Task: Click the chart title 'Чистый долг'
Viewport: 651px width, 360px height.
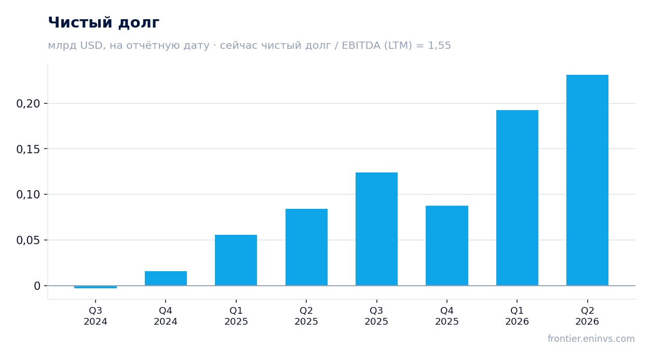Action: [103, 23]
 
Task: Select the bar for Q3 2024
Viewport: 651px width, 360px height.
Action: [96, 287]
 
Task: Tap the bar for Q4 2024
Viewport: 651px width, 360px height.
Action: [166, 278]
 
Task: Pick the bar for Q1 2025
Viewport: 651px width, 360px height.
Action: [236, 260]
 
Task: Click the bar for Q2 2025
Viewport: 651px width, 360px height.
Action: [306, 247]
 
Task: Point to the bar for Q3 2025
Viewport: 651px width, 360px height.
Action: [377, 229]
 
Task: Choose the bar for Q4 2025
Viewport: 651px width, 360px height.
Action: [447, 245]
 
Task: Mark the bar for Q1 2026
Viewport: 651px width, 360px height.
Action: [517, 198]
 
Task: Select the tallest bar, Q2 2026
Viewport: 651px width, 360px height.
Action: [587, 180]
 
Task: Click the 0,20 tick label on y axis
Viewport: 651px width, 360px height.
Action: [28, 103]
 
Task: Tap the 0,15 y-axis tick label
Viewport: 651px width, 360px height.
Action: [28, 149]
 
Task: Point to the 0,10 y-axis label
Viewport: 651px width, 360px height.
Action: [28, 194]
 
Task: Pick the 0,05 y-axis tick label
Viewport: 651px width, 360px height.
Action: [28, 240]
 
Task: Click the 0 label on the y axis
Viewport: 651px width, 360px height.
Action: [37, 286]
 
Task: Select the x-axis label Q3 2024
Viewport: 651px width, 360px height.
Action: [96, 316]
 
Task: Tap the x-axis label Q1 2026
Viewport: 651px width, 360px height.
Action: [517, 316]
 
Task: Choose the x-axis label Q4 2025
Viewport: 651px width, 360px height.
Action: [446, 316]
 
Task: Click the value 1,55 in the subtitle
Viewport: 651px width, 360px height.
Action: [439, 45]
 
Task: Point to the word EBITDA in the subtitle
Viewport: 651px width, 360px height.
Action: [361, 45]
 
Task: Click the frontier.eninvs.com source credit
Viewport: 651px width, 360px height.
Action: [591, 339]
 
